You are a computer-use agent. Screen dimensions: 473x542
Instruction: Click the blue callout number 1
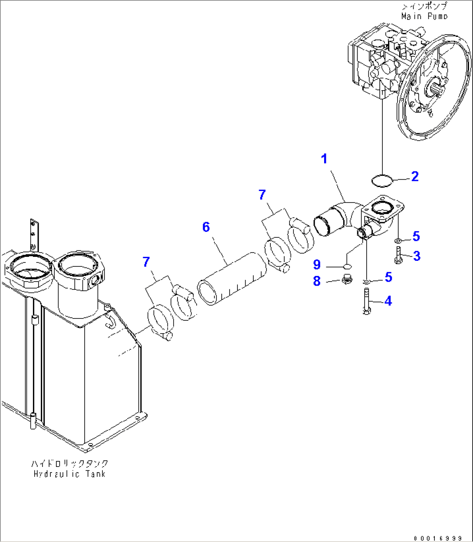[x=324, y=159]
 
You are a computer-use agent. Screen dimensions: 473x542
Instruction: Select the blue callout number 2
[x=415, y=177]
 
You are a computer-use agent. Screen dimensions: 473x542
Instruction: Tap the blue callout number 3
[x=417, y=256]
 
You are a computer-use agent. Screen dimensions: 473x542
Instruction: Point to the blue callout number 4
[x=388, y=301]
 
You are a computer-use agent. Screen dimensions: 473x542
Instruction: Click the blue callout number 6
[x=206, y=227]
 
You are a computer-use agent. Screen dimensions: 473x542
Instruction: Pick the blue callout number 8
[x=317, y=281]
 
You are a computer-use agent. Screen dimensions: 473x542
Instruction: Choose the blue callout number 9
[x=317, y=264]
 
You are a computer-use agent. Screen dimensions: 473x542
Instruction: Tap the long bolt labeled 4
[x=366, y=302]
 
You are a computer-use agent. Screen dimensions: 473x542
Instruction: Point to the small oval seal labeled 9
[x=348, y=266]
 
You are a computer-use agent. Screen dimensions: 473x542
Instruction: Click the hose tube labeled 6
[x=232, y=279]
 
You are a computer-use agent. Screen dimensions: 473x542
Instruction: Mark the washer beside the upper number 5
[x=398, y=240]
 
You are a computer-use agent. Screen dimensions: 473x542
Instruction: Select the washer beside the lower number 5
[x=366, y=281]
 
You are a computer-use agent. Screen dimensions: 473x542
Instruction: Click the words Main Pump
[x=424, y=16]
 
